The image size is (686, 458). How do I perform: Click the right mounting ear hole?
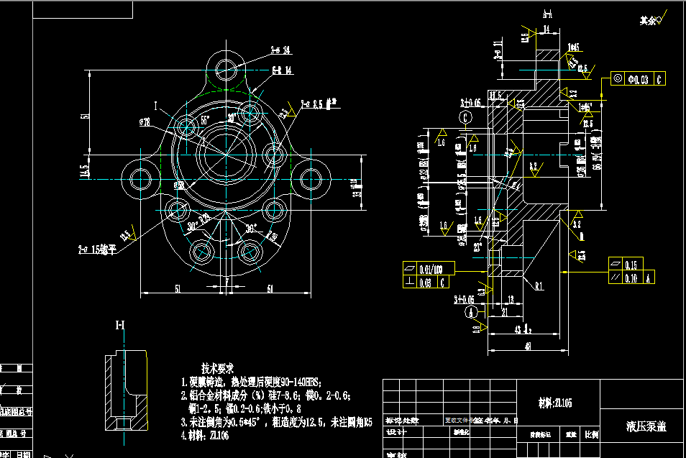(311, 178)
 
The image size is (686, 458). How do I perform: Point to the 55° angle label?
(205, 119)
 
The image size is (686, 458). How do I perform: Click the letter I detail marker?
(155, 105)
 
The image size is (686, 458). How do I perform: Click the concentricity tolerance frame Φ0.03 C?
(639, 78)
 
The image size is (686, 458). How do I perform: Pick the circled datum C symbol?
(466, 116)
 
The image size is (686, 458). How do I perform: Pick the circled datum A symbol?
(472, 311)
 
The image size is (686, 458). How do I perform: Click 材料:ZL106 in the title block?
(554, 403)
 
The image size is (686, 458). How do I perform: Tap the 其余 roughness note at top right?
(649, 21)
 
